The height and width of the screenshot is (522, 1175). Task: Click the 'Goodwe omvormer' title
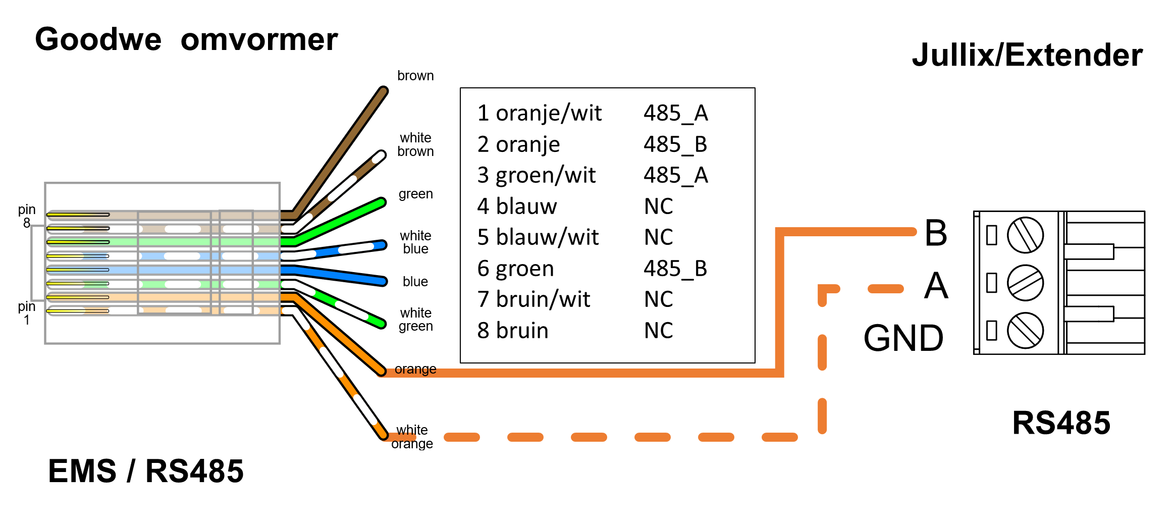point(186,39)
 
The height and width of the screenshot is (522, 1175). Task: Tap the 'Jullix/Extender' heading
point(1027,55)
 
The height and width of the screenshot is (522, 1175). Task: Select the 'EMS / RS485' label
point(145,471)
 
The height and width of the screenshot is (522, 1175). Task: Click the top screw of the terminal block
point(1025,235)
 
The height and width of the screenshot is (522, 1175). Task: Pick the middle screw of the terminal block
point(1025,283)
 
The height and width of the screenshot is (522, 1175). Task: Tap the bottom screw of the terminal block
point(1025,330)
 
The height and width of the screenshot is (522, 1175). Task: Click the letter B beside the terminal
point(936,233)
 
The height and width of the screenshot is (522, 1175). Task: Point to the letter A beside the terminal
point(936,286)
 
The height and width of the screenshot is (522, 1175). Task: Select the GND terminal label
point(903,338)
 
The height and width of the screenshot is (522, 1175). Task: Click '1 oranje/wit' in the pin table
point(539,113)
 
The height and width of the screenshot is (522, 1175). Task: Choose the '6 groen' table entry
point(515,269)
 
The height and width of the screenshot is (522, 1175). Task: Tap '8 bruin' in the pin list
point(512,331)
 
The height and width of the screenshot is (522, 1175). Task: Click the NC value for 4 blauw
point(658,206)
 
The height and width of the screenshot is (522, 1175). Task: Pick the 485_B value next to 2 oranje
point(675,144)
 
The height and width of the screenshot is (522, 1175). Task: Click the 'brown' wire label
point(415,76)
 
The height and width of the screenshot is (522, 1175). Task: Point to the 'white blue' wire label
point(415,242)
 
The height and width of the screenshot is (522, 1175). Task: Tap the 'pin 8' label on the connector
point(27,216)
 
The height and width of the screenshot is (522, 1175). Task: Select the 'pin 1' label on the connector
point(27,313)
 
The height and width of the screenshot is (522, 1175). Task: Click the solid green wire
point(343,220)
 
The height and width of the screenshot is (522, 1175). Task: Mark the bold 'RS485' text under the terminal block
point(1061,423)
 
